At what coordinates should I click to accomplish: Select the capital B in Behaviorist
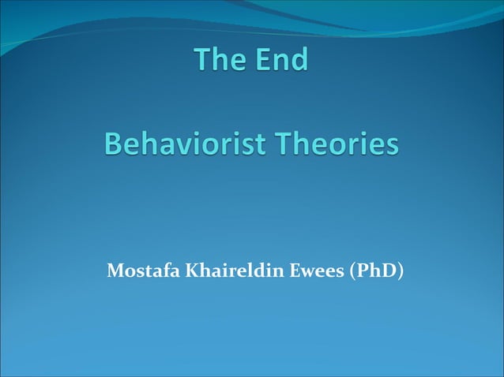coord(113,145)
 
